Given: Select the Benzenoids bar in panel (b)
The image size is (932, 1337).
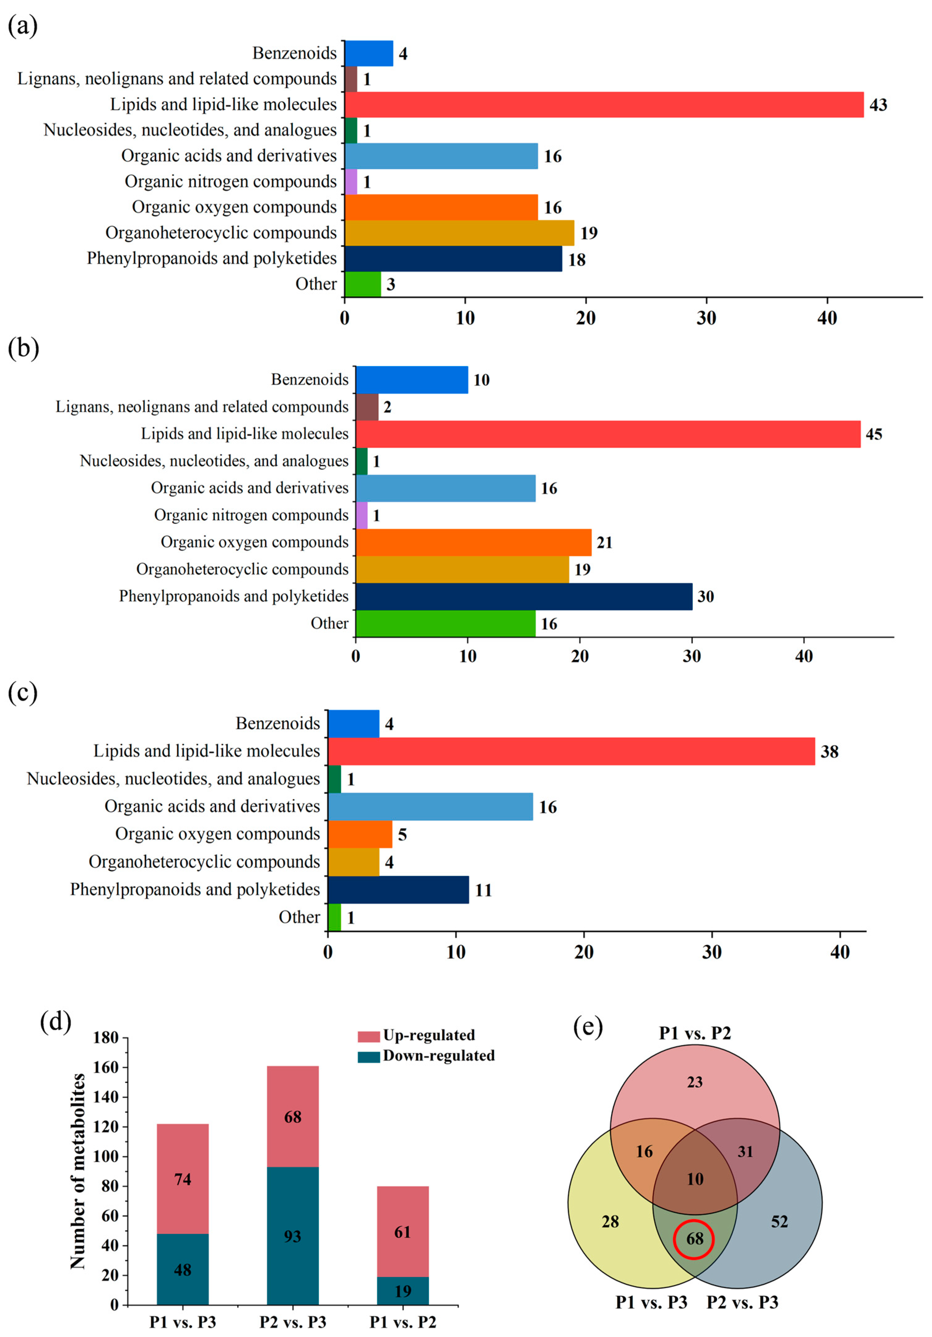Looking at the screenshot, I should point(411,380).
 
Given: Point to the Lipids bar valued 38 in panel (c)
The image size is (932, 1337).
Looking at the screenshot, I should point(571,751).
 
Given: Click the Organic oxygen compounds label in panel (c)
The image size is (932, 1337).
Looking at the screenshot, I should point(217,834).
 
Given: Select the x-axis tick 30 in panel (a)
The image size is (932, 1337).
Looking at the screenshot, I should point(707,318).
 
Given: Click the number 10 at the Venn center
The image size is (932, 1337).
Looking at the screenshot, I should point(695,1179).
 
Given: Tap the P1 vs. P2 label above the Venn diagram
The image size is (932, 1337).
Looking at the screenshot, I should point(694,1033).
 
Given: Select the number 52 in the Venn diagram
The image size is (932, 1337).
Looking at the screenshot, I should point(779,1222).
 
